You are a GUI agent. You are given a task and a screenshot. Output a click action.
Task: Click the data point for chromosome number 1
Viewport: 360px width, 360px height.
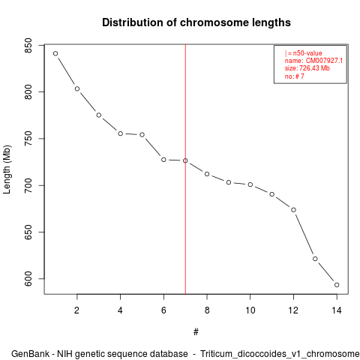point(55,53)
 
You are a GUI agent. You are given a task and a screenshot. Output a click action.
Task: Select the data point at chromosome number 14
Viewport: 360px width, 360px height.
point(337,285)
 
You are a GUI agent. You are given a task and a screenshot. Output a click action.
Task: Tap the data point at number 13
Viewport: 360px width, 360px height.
point(315,259)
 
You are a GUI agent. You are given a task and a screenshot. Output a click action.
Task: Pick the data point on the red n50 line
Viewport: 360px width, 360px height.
point(185,160)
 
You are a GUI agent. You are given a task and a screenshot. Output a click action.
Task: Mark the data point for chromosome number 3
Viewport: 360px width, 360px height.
point(99,115)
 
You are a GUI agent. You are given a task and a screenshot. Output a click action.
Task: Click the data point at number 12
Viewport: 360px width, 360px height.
point(293,210)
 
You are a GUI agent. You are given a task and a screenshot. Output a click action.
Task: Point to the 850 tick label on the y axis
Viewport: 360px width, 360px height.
point(28,46)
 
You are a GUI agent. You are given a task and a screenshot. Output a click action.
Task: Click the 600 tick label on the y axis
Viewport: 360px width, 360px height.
point(28,279)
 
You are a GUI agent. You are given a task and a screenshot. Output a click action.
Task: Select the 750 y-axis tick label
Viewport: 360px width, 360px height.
point(28,139)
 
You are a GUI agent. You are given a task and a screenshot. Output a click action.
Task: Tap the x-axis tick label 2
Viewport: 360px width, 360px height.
point(76,310)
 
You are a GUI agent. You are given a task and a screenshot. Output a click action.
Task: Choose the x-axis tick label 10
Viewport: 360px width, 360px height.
point(250,310)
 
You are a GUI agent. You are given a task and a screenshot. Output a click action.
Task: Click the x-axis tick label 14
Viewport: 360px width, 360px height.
point(337,310)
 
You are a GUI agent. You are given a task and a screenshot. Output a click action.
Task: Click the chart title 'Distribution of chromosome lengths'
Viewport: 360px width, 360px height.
point(196,22)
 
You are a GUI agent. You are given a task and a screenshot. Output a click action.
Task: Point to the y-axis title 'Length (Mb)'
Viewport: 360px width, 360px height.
point(7,169)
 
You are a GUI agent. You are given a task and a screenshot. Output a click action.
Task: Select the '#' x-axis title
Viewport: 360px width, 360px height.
point(196,332)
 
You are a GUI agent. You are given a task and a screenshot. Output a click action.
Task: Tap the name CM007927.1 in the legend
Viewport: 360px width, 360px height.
point(324,61)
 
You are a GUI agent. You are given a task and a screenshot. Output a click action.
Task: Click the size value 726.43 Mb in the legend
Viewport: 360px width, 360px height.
point(314,68)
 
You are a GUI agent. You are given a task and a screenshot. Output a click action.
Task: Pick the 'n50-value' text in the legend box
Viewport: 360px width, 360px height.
point(307,53)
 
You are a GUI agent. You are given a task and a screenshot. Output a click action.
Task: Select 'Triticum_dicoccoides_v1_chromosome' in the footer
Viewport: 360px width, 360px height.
point(280,354)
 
